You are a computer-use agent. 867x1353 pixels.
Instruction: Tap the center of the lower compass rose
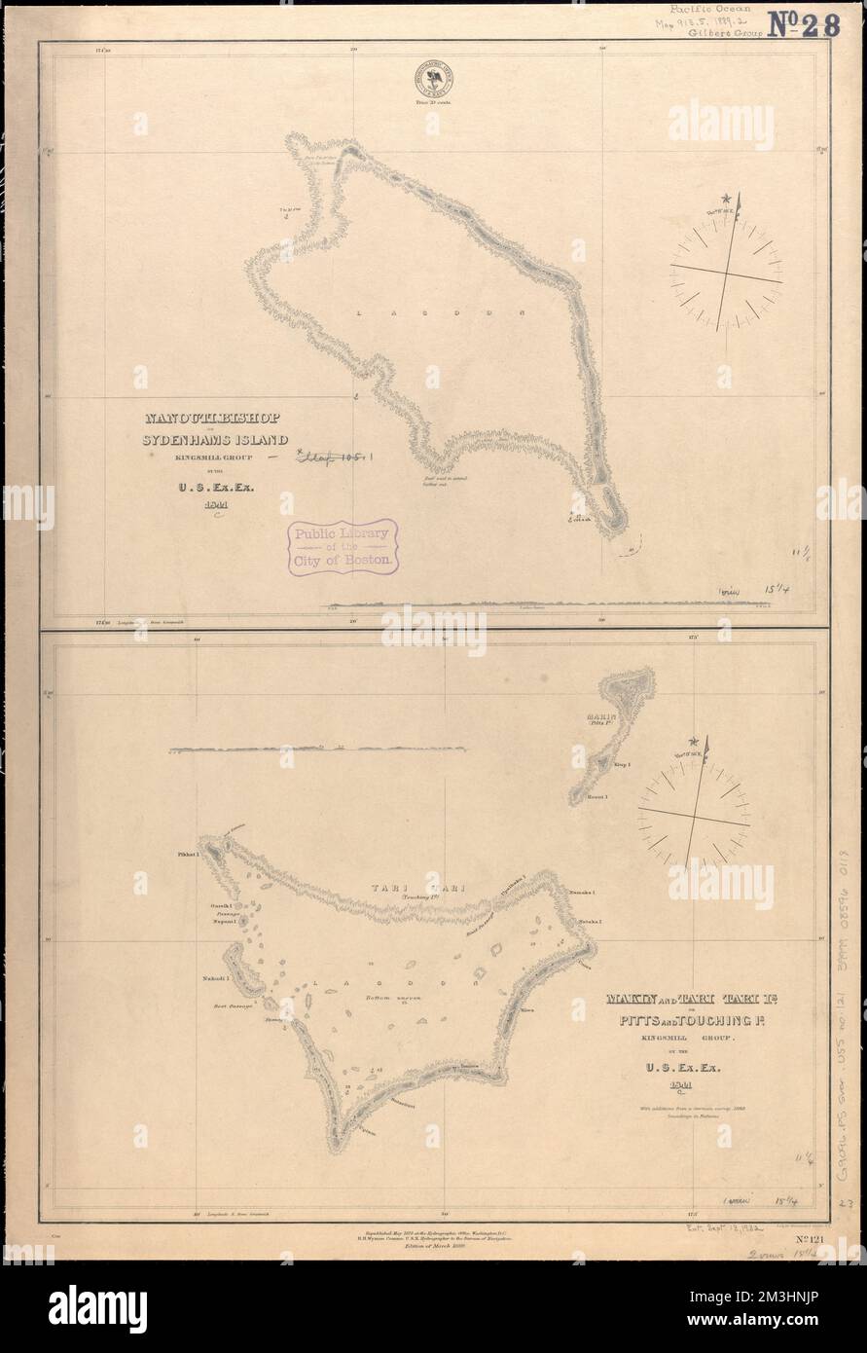(x=694, y=811)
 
